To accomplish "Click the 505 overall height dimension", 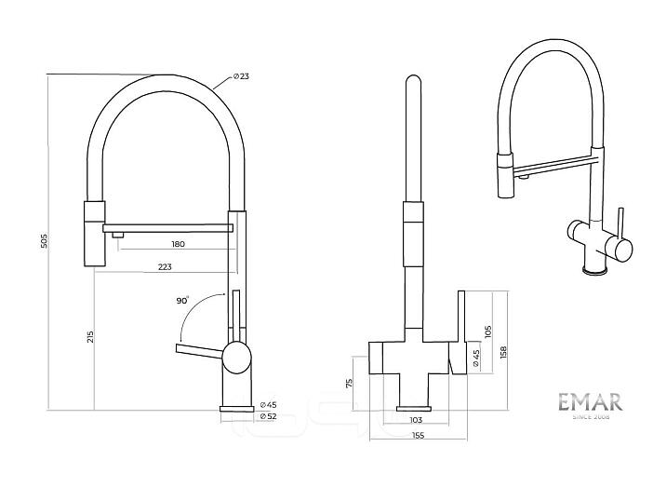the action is (x=44, y=240).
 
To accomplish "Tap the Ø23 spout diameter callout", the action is (x=241, y=76).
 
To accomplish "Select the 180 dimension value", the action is (x=178, y=244).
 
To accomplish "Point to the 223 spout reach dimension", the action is (x=165, y=267).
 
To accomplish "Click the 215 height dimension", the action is (x=90, y=336).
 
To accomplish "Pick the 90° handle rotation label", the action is (x=182, y=300).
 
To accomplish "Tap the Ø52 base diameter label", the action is (x=268, y=415).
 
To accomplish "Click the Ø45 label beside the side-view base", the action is (x=268, y=404).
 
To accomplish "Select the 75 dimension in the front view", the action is (x=350, y=383).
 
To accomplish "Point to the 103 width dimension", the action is (x=416, y=420).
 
